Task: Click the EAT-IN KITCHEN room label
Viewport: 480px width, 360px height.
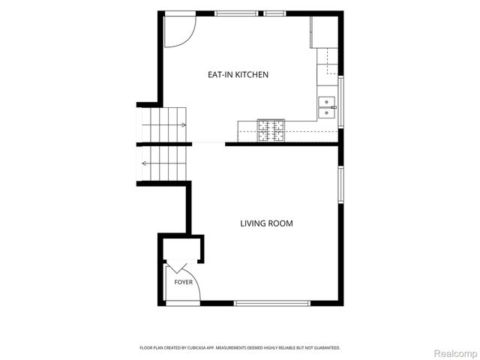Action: (x=238, y=75)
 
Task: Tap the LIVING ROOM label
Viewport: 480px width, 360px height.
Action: (x=266, y=223)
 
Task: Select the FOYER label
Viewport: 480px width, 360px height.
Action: (x=183, y=282)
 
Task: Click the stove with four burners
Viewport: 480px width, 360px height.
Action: (x=271, y=130)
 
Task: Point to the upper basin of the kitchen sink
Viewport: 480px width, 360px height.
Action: (x=327, y=102)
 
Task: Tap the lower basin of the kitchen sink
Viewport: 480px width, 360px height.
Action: (x=327, y=113)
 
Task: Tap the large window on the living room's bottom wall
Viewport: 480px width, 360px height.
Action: (x=272, y=303)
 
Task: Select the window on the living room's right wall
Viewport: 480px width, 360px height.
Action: (x=340, y=184)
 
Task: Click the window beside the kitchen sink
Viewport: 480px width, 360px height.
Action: (x=340, y=102)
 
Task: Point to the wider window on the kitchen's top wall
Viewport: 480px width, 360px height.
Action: (x=236, y=13)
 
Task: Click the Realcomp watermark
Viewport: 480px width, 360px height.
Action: (x=456, y=353)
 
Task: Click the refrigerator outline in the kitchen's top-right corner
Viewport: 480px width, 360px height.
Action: (x=324, y=32)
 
